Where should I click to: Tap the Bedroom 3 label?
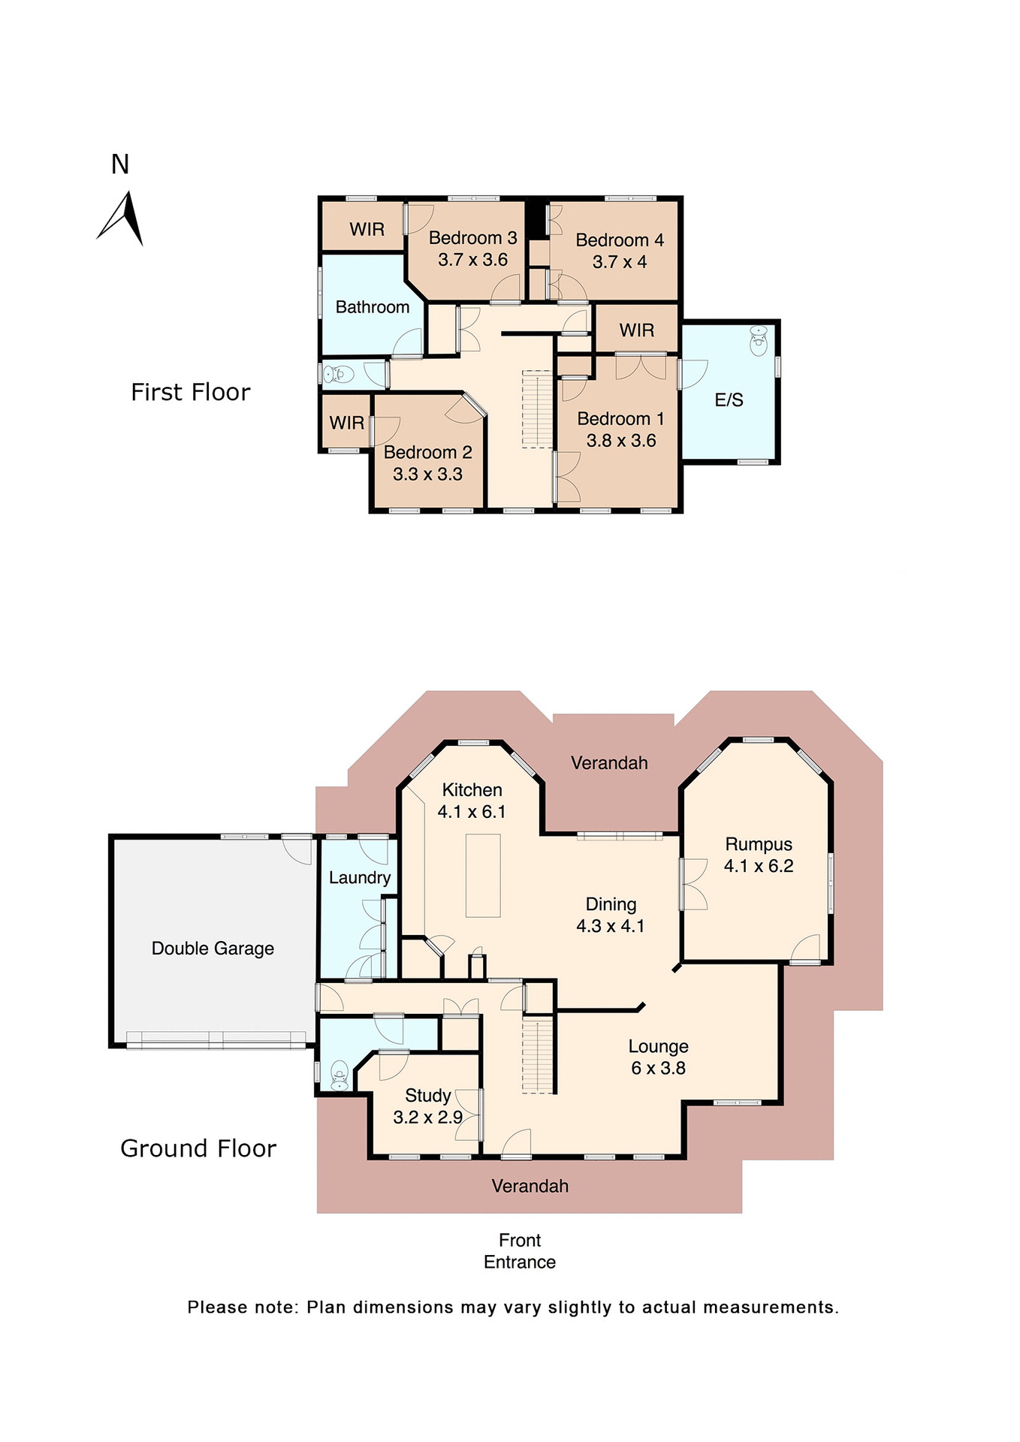pos(472,238)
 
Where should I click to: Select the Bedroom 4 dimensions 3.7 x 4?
pos(619,262)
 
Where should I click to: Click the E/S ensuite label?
pos(729,400)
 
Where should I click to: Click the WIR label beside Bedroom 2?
pos(346,423)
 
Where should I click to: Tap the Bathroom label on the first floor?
pos(372,307)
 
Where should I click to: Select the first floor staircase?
pos(537,409)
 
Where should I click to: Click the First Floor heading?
pos(190,392)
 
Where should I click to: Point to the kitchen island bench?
pos(483,875)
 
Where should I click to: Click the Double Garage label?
pos(213,949)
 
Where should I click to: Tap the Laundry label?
pos(360,878)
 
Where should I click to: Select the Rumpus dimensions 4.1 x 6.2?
pos(759,866)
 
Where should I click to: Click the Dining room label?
pos(611,904)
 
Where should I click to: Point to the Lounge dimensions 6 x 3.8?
pos(658,1068)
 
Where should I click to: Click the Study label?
pos(428,1096)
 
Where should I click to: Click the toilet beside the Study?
pos(339,1075)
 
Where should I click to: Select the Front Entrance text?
pos(520,1251)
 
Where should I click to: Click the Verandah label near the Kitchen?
pos(609,763)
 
